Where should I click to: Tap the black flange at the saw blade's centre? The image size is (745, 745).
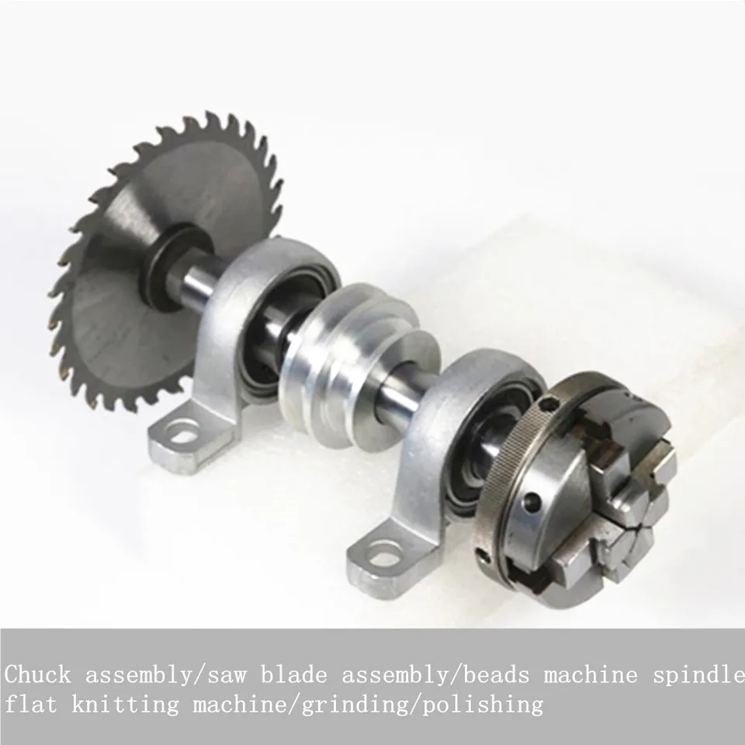[x=176, y=267]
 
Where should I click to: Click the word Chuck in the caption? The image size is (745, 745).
[x=39, y=674]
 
